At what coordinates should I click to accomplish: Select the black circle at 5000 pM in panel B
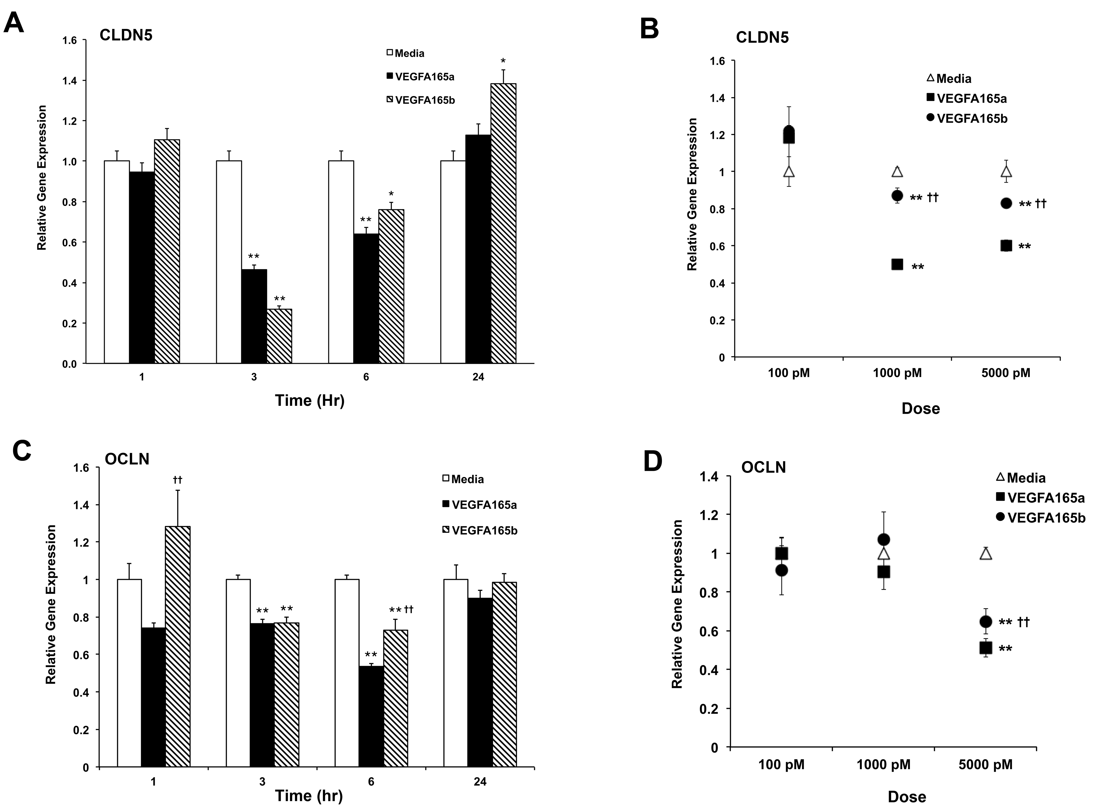1006,204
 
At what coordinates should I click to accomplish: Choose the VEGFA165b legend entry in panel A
421,100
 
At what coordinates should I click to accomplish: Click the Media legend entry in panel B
949,78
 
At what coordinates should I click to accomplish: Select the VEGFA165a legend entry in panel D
1041,498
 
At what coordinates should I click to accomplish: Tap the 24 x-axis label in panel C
480,782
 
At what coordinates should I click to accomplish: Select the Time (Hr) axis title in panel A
310,401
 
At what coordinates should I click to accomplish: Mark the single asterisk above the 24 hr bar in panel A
503,61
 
